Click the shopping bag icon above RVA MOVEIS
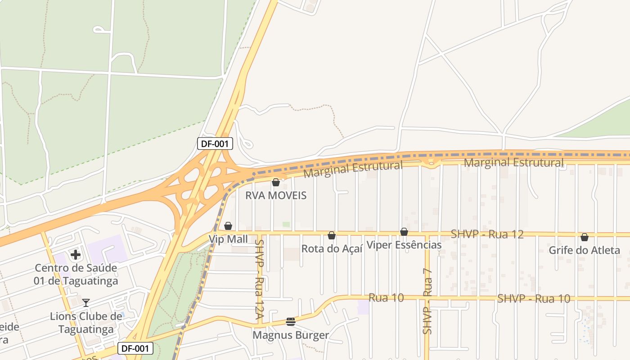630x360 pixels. pyautogui.click(x=276, y=182)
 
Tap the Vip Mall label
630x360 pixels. pyautogui.click(x=228, y=239)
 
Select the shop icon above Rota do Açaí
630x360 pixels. pyautogui.click(x=332, y=235)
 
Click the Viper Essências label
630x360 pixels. pyautogui.click(x=404, y=245)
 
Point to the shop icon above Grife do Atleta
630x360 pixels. pyautogui.click(x=585, y=237)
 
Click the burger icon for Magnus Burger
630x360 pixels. pyautogui.click(x=291, y=322)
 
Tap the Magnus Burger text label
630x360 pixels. pyautogui.click(x=291, y=335)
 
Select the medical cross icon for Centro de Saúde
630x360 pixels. pyautogui.click(x=76, y=255)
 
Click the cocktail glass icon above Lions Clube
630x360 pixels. pyautogui.click(x=86, y=302)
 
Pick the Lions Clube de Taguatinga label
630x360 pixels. pyautogui.click(x=86, y=323)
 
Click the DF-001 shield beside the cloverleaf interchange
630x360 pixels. pyautogui.click(x=215, y=144)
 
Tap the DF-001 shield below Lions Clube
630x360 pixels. pyautogui.click(x=135, y=348)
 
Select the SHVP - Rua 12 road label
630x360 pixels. pyautogui.click(x=487, y=234)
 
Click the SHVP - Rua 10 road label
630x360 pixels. pyautogui.click(x=534, y=298)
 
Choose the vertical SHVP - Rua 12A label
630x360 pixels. pyautogui.click(x=259, y=279)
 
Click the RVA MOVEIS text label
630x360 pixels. pyautogui.click(x=276, y=195)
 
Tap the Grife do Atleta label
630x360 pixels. pyautogui.click(x=584, y=250)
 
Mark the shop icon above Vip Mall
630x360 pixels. pyautogui.click(x=228, y=226)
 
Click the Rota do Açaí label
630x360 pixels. pyautogui.click(x=332, y=248)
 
